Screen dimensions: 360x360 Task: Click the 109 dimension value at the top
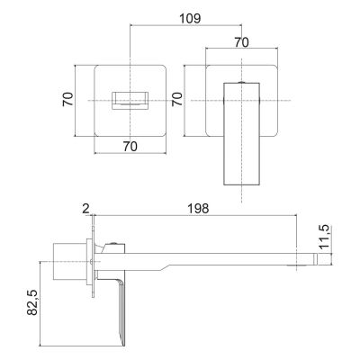point(190,19)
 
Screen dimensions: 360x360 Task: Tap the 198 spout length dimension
point(198,208)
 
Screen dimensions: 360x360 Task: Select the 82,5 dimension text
point(32,302)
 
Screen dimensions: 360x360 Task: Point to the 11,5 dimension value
point(324,237)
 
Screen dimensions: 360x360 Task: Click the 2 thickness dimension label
point(86,209)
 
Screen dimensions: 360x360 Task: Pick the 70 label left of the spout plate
point(68,99)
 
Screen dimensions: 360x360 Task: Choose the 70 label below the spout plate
point(130,147)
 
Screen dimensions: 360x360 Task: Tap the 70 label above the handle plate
point(241,42)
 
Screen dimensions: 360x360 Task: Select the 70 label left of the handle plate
point(177,99)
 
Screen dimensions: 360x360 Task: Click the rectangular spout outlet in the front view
point(130,101)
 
